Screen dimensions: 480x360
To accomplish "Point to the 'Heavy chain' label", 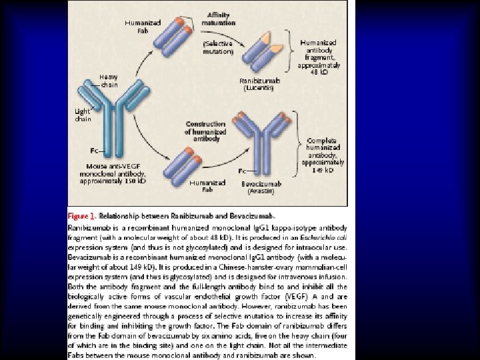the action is (109, 81).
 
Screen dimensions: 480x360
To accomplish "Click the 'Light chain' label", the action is (83, 114).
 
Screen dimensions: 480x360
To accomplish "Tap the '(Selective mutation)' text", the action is (219, 47).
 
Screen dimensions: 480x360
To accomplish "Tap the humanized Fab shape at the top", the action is (178, 36).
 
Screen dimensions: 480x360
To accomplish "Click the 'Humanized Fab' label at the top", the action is (143, 26).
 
